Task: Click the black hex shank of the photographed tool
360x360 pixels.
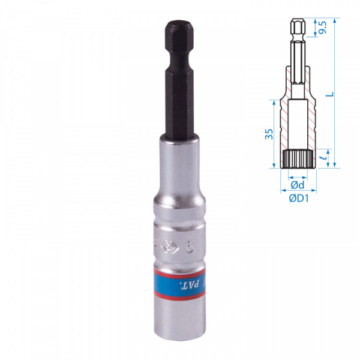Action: pyautogui.click(x=178, y=90)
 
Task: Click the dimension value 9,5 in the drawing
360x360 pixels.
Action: pyautogui.click(x=323, y=28)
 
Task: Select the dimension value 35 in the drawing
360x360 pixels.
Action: pyautogui.click(x=270, y=133)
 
